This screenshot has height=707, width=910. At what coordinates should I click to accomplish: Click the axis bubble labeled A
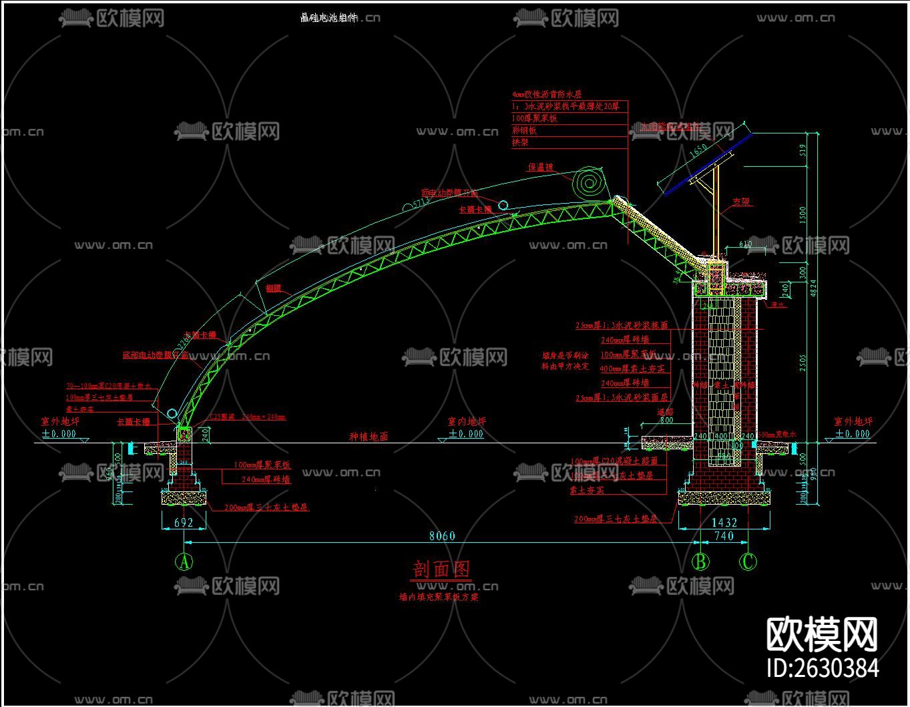click(x=184, y=562)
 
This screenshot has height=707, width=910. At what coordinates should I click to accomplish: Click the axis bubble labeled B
click(x=700, y=562)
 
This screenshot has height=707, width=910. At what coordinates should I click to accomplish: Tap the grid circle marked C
click(x=748, y=562)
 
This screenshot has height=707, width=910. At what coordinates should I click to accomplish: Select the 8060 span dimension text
click(x=442, y=536)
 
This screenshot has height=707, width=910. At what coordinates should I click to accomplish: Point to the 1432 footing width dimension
click(x=724, y=523)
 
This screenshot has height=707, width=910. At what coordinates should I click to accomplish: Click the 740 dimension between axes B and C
click(x=724, y=536)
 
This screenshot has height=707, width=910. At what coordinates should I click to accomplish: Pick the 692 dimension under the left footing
click(x=184, y=523)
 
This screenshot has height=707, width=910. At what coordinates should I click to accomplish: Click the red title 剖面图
click(x=441, y=569)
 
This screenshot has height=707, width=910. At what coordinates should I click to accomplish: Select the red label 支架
click(x=741, y=201)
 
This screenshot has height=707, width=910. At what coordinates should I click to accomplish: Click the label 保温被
click(x=541, y=168)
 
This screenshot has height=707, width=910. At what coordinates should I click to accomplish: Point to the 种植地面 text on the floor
click(x=369, y=437)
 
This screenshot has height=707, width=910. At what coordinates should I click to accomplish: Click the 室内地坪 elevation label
click(x=467, y=421)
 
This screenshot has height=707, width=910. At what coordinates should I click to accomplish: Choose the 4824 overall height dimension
click(x=814, y=287)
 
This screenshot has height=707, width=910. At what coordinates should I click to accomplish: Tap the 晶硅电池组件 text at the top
click(x=329, y=18)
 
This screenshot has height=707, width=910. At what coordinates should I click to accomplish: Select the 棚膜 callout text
click(x=272, y=289)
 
